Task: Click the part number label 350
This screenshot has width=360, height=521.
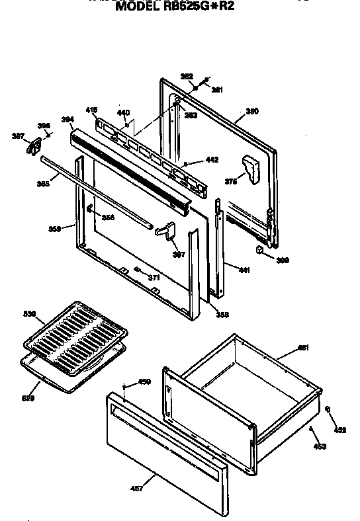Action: pyautogui.click(x=251, y=111)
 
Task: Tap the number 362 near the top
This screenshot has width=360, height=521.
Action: pyautogui.click(x=187, y=77)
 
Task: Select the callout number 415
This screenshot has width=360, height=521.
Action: pyautogui.click(x=91, y=110)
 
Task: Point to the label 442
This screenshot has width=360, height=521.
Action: pyautogui.click(x=212, y=160)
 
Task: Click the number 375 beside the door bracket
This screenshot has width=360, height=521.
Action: pyautogui.click(x=230, y=181)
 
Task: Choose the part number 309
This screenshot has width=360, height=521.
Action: pyautogui.click(x=283, y=260)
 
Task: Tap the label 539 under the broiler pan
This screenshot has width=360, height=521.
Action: pyautogui.click(x=28, y=397)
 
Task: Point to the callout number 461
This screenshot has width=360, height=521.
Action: pyautogui.click(x=303, y=347)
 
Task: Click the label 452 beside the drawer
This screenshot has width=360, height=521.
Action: pyautogui.click(x=339, y=430)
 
